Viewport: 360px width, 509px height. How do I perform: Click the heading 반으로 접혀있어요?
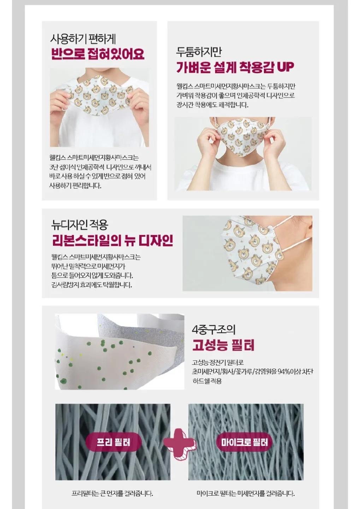pyautogui.click(x=98, y=54)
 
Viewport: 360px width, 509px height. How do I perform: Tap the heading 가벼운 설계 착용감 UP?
pyautogui.click(x=235, y=67)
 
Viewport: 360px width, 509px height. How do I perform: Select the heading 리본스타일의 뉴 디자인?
pyautogui.click(x=113, y=241)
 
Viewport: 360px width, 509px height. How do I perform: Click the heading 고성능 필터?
pyautogui.click(x=223, y=345)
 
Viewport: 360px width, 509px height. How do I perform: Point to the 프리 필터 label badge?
pyautogui.click(x=113, y=443)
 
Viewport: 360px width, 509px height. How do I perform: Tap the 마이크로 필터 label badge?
pyautogui.click(x=244, y=443)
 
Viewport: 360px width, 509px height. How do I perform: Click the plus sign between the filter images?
pyautogui.click(x=179, y=443)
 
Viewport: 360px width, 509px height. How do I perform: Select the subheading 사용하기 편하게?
pyautogui.click(x=83, y=39)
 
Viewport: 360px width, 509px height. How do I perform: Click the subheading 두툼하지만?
pyautogui.click(x=199, y=52)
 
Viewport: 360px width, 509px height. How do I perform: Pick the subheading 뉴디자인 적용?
pyautogui.click(x=80, y=225)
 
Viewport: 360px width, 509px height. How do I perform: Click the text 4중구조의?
pyautogui.click(x=213, y=329)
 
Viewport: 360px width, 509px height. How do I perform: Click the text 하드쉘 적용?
pyautogui.click(x=207, y=381)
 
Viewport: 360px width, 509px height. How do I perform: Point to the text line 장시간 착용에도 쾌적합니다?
pyautogui.click(x=212, y=105)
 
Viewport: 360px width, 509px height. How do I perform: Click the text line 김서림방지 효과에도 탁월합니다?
pyautogui.click(x=92, y=285)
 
